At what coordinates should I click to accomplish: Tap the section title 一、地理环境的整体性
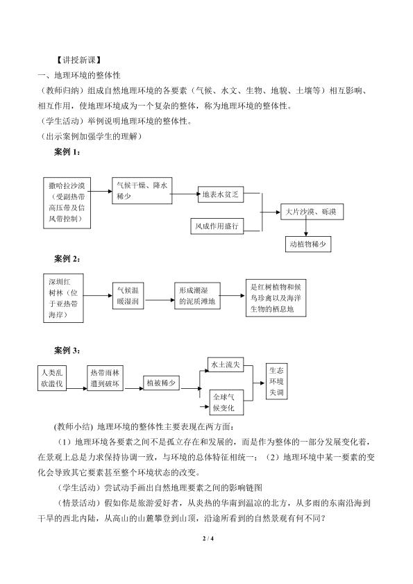pos(79,75)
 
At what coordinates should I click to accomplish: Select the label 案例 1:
pos(67,151)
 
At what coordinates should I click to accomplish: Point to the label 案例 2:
pos(67,259)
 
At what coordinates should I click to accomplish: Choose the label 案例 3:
pos(67,351)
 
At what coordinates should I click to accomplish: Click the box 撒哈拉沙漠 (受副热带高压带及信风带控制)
pos(67,203)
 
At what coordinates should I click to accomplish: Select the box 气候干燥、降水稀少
pos(142,191)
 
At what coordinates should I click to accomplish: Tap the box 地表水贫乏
pos(221,194)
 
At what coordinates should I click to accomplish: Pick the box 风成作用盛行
pos(217,226)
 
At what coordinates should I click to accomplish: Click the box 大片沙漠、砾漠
pos(312,212)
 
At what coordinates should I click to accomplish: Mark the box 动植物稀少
pos(308,244)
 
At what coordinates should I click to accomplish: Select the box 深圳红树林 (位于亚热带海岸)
pos(63,299)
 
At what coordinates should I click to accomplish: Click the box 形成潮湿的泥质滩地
pos(197,296)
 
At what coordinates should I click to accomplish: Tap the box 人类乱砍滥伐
pos(52,378)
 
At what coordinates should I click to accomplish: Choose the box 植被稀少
pos(161,383)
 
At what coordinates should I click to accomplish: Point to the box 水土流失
pos(226,365)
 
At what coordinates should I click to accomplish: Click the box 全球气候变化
pos(226,403)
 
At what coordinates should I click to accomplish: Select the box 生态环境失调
pos(277,381)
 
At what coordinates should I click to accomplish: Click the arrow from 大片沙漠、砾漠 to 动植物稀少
pos(305,228)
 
